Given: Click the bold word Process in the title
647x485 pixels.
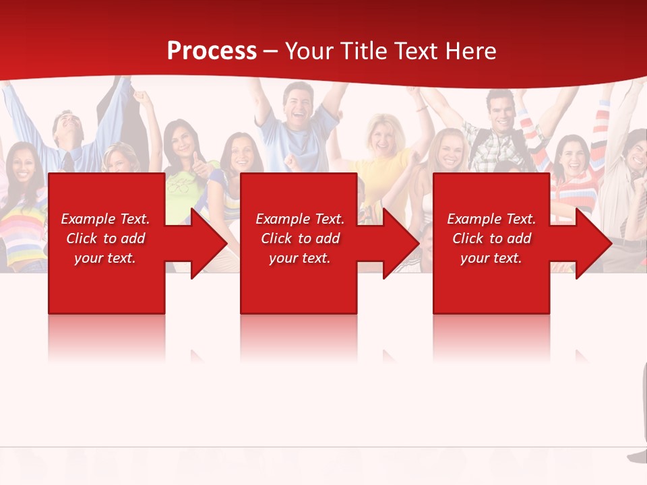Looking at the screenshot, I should coord(212,51).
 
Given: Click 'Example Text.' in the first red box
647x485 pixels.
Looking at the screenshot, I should coord(105,219).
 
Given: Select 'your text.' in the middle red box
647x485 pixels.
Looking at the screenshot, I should coord(299,258).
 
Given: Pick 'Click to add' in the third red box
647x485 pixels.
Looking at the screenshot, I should coord(491,238).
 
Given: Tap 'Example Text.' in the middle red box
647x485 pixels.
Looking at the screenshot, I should coord(299,219).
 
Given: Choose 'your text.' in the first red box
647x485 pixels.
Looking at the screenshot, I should coord(105,258).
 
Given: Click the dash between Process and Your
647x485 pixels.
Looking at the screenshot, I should coord(271,52).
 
